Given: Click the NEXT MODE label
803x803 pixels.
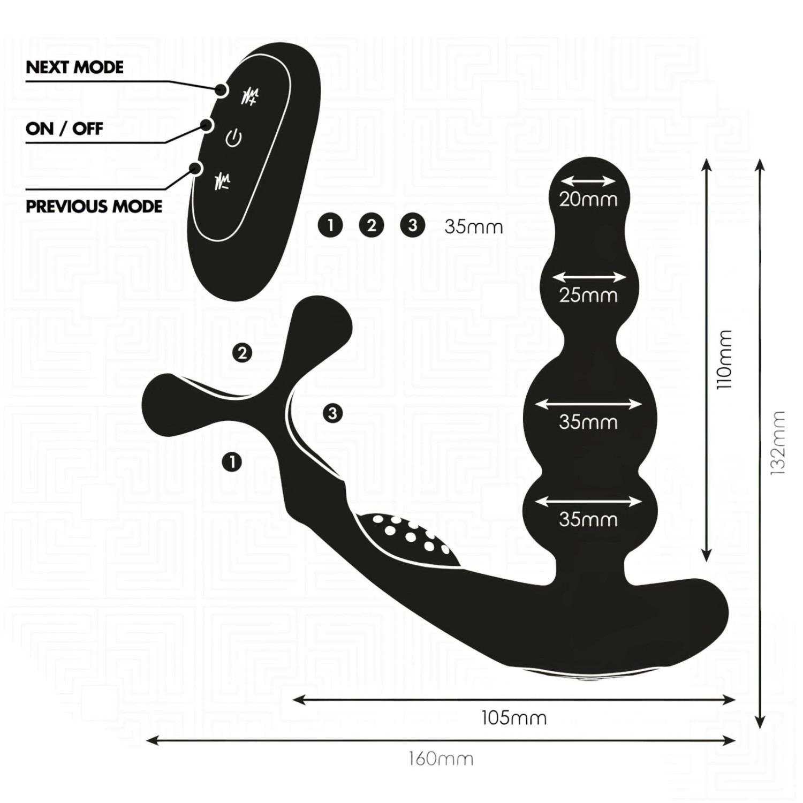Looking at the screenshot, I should pyautogui.click(x=74, y=67).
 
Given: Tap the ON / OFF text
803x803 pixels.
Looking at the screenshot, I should pyautogui.click(x=64, y=129).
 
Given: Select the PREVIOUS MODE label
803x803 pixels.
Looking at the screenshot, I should pyautogui.click(x=94, y=207).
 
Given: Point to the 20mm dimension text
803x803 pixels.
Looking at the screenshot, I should pyautogui.click(x=588, y=200).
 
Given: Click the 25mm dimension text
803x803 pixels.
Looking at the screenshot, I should pyautogui.click(x=588, y=295).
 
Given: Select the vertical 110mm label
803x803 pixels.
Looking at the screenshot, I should pyautogui.click(x=724, y=359).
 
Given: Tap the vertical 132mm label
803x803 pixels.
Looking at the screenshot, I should pyautogui.click(x=777, y=443).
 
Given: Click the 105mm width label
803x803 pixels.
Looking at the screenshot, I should pyautogui.click(x=514, y=717).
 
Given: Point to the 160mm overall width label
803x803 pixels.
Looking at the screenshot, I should pyautogui.click(x=441, y=759).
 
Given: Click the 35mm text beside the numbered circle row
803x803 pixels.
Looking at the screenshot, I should pyautogui.click(x=474, y=227).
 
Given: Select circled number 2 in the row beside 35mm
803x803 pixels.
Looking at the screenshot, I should pyautogui.click(x=372, y=225).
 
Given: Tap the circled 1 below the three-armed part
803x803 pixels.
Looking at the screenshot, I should pyautogui.click(x=232, y=461).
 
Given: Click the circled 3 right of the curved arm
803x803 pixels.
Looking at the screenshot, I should pyautogui.click(x=333, y=413).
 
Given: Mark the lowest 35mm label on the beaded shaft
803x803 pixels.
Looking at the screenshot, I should pyautogui.click(x=588, y=519).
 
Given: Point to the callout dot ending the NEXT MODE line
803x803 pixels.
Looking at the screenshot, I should pyautogui.click(x=221, y=90).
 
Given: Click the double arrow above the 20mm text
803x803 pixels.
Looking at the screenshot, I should pyautogui.click(x=588, y=181).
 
